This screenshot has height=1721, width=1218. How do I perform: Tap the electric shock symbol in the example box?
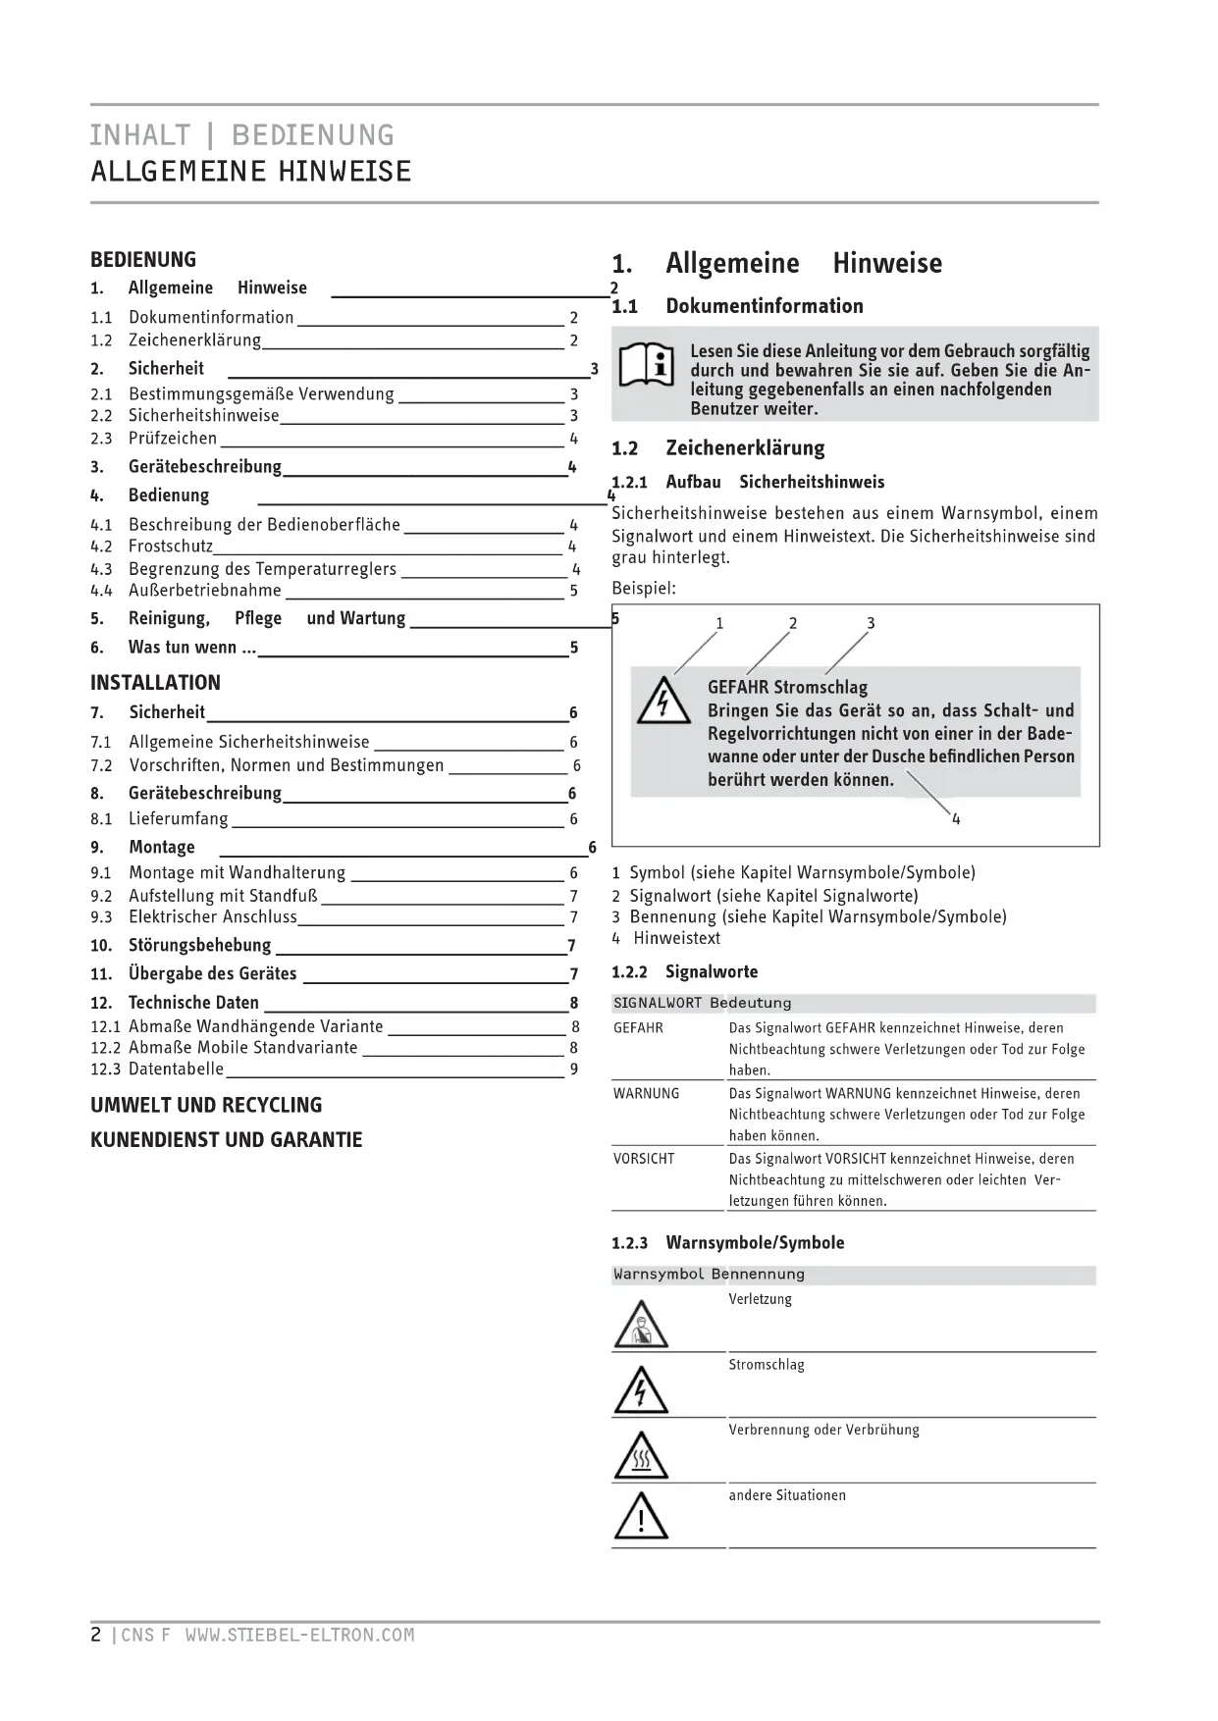tap(662, 701)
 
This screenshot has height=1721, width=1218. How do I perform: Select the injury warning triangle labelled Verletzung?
tap(641, 1324)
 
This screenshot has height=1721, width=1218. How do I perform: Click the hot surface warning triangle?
tap(641, 1455)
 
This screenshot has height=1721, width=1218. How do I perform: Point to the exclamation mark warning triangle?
tap(641, 1517)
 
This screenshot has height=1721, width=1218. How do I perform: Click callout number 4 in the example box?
tap(956, 819)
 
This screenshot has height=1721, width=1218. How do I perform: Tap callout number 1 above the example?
tap(719, 623)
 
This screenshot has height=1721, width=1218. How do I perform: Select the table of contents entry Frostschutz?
tap(171, 547)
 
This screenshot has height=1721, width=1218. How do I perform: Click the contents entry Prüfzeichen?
tap(173, 439)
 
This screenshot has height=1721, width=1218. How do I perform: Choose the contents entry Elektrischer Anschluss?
tap(213, 917)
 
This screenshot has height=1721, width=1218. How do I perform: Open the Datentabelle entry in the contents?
tap(176, 1069)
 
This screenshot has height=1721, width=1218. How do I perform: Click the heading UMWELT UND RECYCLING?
tap(206, 1106)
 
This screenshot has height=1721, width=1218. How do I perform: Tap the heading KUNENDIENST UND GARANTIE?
tap(227, 1140)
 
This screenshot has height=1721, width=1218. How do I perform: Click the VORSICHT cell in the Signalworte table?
tap(644, 1159)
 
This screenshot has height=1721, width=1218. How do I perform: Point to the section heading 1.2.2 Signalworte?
tap(684, 972)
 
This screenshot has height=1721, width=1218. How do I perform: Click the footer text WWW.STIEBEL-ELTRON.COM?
tap(299, 1636)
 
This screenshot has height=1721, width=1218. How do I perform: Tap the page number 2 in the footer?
tap(95, 1636)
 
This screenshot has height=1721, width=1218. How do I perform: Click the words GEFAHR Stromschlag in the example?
tap(787, 688)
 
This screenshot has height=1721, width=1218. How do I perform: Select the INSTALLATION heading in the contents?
tap(155, 683)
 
